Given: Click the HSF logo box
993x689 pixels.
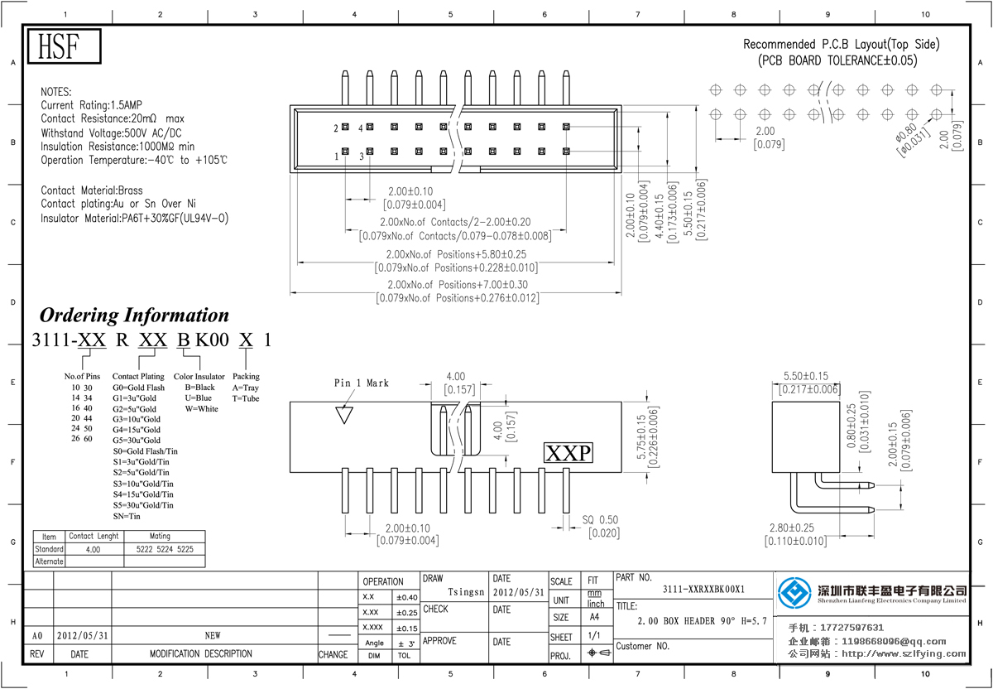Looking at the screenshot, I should point(65,46).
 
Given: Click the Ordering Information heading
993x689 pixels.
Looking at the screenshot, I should point(135,316).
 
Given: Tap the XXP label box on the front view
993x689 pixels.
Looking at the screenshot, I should point(568,453).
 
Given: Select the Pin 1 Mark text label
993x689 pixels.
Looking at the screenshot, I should point(361,383).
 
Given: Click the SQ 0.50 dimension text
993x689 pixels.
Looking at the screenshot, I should point(600,520).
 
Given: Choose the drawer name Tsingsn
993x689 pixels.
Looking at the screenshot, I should point(466,593).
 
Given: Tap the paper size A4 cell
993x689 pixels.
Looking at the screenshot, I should point(594,617).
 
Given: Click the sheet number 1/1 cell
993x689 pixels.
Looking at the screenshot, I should point(594,637).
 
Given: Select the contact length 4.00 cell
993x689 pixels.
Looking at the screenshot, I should point(94,549).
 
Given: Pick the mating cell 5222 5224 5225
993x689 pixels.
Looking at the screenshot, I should point(164,549).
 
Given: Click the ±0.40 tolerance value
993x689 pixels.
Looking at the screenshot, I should point(406,597).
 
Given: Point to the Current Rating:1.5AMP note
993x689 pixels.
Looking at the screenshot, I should point(92,106).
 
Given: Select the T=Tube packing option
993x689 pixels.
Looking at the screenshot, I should point(247,398).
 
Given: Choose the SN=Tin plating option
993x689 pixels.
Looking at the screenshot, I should point(127,516).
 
